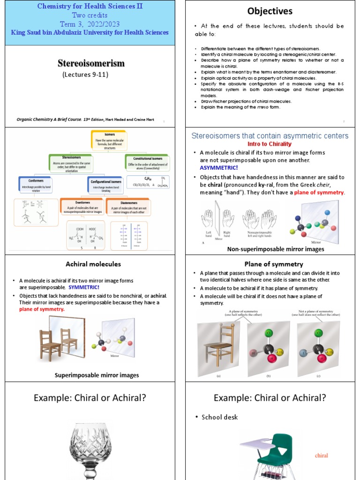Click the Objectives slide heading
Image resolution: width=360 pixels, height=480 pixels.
click(x=270, y=11)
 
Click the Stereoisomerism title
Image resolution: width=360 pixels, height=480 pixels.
click(x=91, y=63)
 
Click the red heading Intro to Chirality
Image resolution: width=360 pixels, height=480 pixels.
click(x=270, y=144)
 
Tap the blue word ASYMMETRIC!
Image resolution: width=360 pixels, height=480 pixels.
click(x=219, y=167)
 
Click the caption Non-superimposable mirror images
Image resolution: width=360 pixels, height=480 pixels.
click(x=276, y=249)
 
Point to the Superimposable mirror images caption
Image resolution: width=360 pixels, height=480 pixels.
click(x=97, y=375)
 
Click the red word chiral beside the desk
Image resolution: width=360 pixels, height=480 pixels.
click(x=321, y=455)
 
